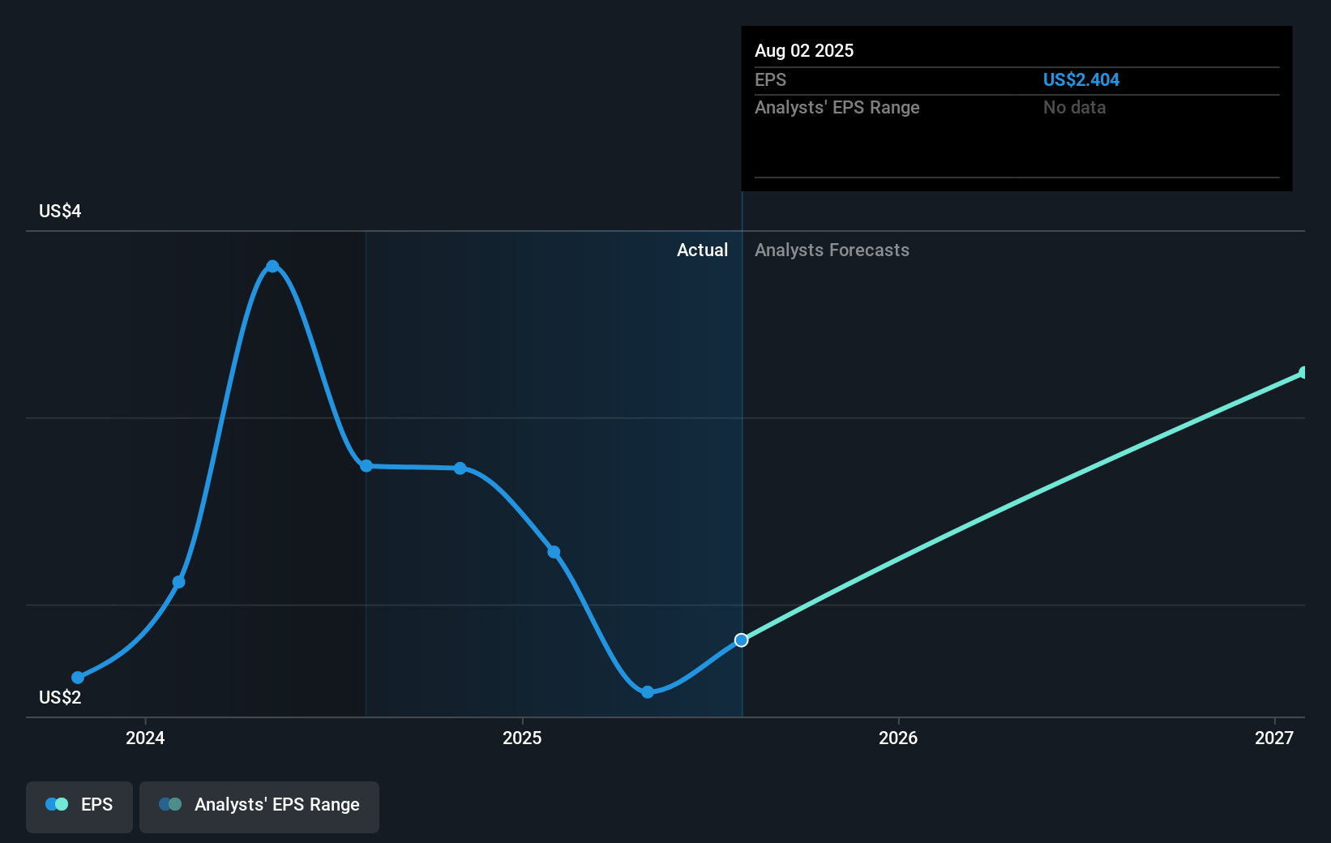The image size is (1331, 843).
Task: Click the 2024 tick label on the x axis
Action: coord(145,738)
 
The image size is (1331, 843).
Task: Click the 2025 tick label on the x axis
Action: coord(522,738)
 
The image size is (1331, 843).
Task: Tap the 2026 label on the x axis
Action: coord(898,738)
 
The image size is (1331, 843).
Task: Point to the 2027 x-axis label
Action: coord(1274,738)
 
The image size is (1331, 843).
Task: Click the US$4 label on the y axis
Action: coord(60,212)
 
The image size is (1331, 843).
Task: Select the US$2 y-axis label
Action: coord(60,698)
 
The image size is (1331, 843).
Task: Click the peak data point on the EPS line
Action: coord(272,267)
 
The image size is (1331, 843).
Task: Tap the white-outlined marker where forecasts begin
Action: coord(741,640)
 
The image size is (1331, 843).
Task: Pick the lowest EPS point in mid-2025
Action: coord(647,692)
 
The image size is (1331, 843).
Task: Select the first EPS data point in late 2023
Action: coord(78,678)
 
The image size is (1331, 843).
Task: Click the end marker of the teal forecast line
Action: coord(1303,373)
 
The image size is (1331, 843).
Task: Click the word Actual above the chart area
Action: coord(702,250)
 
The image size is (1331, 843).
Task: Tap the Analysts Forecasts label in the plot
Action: coord(832,250)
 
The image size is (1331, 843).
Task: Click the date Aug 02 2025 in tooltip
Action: coord(804,51)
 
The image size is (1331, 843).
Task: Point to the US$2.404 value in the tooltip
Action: coord(1081,80)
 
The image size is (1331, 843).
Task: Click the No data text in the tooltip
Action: coord(1074,108)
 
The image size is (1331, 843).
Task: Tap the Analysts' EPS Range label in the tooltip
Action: coord(837,108)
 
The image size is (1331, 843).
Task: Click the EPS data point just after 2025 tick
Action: coord(554,552)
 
